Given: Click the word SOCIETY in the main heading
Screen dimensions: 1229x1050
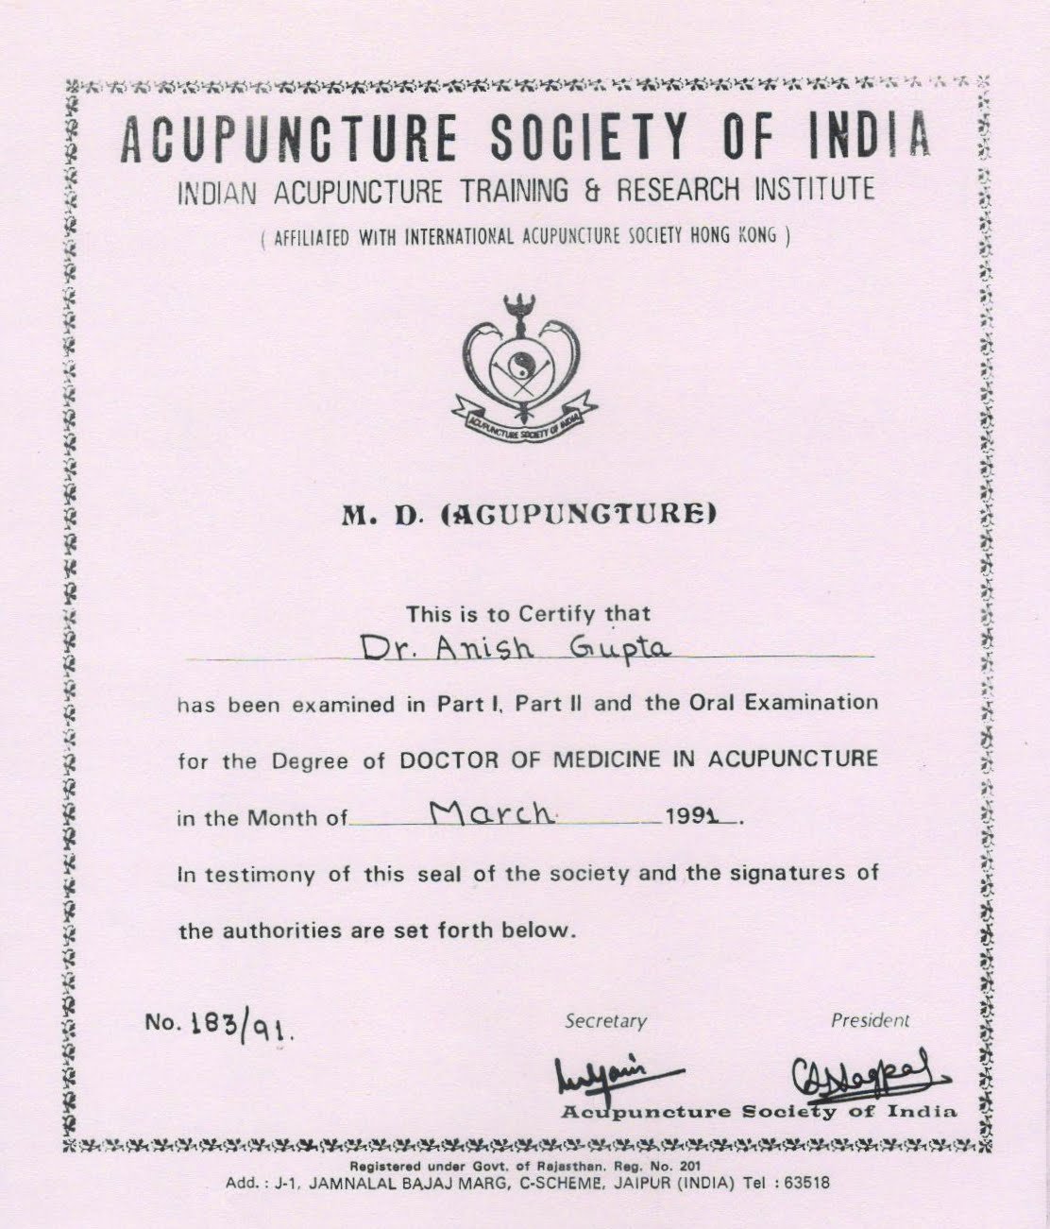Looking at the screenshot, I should coord(591,138).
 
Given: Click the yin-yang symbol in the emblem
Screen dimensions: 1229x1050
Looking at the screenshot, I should coord(520,363).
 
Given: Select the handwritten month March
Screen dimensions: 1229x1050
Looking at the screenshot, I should coord(490,813).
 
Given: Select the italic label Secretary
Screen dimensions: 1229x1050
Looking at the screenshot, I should coord(605,1021).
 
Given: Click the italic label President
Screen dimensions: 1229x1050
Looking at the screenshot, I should coord(870,1020).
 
